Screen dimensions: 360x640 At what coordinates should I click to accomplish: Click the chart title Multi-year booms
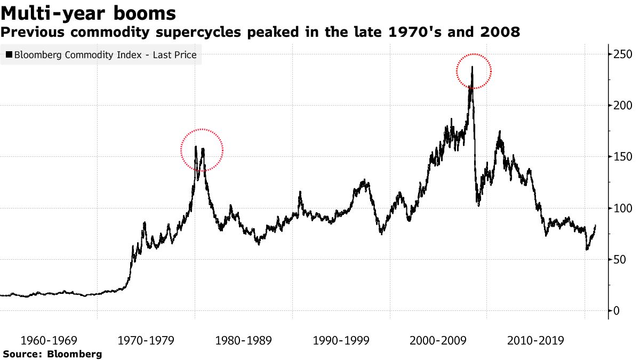pos(89,12)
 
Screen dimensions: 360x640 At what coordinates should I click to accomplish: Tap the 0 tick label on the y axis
pos(615,311)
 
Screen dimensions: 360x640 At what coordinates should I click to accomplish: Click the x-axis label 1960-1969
pos(49,341)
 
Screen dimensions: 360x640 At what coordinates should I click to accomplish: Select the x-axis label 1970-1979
pos(146,341)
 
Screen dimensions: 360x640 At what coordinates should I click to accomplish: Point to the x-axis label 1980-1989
pos(244,341)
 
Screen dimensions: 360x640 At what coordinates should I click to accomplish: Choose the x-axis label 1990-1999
pos(341,341)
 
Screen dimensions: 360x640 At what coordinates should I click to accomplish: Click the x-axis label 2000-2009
pos(438,341)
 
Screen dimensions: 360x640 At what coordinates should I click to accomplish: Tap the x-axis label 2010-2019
pos(536,341)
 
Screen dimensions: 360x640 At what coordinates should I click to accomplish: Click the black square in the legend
pos(9,55)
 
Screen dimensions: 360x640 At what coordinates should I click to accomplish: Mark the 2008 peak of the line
pos(472,67)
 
